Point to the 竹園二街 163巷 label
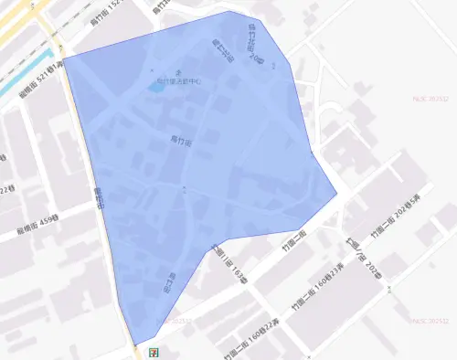pos(229,265)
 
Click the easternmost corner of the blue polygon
pos(336,194)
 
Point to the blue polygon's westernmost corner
pos(62,58)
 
